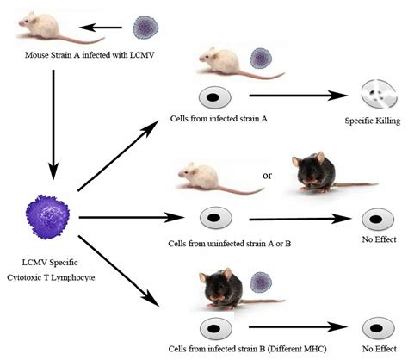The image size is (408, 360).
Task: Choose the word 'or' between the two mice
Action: (x=266, y=176)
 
